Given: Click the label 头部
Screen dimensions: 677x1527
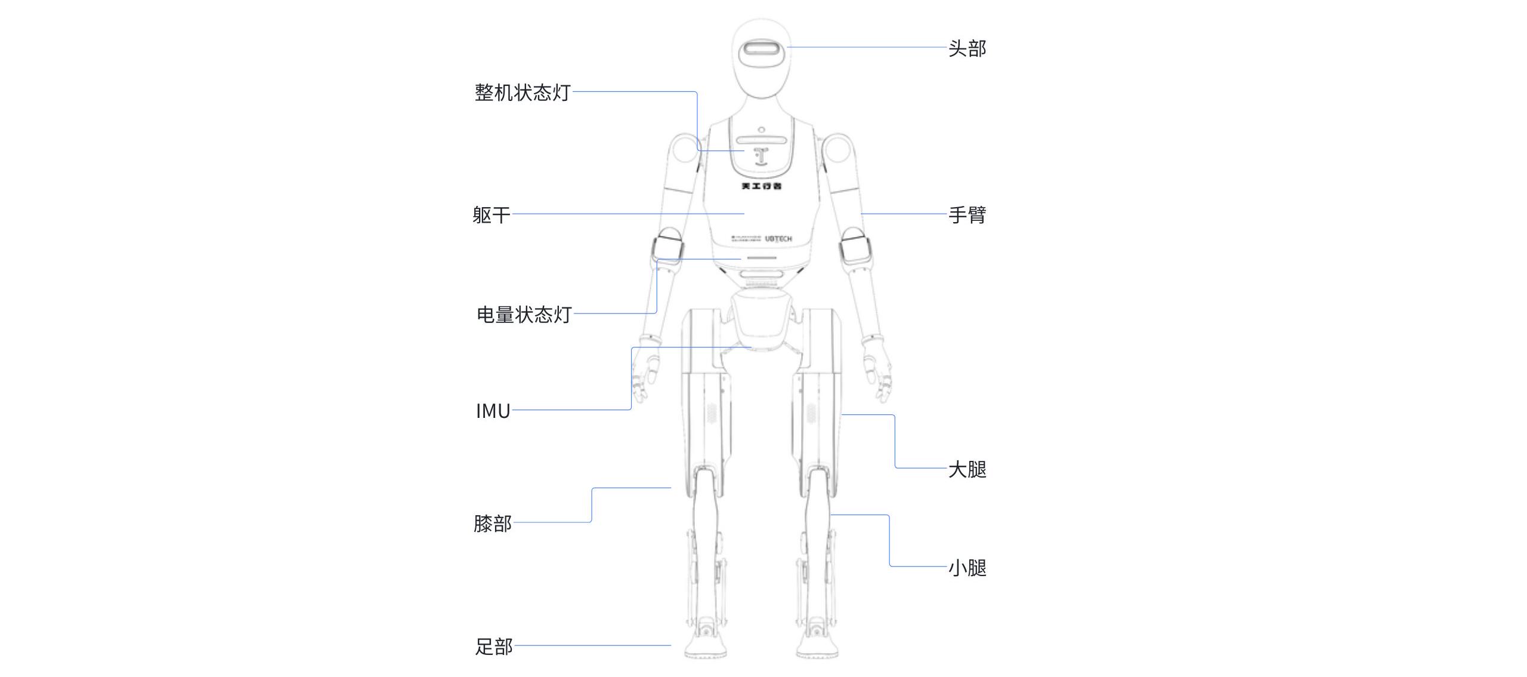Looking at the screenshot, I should [x=967, y=48].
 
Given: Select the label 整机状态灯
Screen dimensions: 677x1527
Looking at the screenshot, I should [x=523, y=93].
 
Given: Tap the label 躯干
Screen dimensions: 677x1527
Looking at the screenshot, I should [x=491, y=215].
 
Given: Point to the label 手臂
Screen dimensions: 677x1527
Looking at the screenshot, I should [x=967, y=215].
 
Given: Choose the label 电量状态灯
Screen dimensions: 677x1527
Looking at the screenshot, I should [x=524, y=315].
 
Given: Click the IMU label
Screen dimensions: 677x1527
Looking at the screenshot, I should [x=493, y=411].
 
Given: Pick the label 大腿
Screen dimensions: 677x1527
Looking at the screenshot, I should [x=967, y=469].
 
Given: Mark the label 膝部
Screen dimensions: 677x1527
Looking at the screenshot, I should [x=492, y=524].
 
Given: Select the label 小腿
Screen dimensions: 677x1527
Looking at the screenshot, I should [x=967, y=568].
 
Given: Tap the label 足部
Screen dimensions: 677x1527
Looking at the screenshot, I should [x=493, y=647].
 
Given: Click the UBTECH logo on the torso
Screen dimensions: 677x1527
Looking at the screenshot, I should [x=778, y=239].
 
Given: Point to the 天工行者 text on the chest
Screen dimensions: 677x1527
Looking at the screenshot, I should [x=761, y=186].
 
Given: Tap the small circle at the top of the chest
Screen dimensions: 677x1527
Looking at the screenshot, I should [x=761, y=130].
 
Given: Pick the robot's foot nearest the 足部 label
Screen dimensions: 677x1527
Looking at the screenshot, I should [x=706, y=645].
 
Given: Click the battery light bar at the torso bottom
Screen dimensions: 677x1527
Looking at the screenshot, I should [x=759, y=259].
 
